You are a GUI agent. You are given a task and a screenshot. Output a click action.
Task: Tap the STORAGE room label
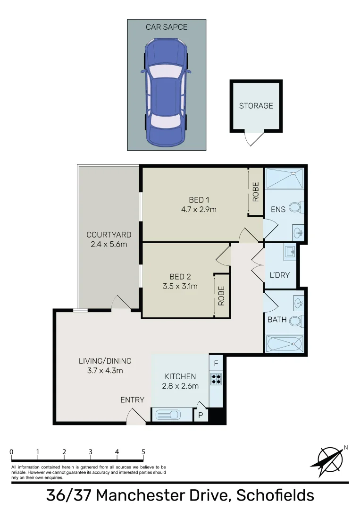(x=256, y=106)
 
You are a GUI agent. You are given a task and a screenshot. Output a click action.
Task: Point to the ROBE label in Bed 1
(x=256, y=192)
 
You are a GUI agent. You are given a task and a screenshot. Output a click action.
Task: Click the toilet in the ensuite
(x=296, y=207)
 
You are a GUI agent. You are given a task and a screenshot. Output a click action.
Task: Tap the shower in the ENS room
(x=285, y=178)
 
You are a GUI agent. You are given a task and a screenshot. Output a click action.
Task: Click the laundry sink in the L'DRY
(x=290, y=252)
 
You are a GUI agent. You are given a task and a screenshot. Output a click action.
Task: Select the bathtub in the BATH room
(x=285, y=344)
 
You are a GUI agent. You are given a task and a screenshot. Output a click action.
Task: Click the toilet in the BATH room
(x=296, y=322)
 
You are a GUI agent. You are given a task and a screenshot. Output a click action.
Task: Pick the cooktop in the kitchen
(x=216, y=378)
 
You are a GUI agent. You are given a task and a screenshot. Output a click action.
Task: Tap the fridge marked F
(x=216, y=363)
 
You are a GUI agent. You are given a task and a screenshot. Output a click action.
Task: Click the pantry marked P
(x=201, y=415)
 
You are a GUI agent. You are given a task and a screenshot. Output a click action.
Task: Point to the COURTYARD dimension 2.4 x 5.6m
(x=109, y=244)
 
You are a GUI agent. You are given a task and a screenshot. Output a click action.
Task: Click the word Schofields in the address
(x=275, y=495)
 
